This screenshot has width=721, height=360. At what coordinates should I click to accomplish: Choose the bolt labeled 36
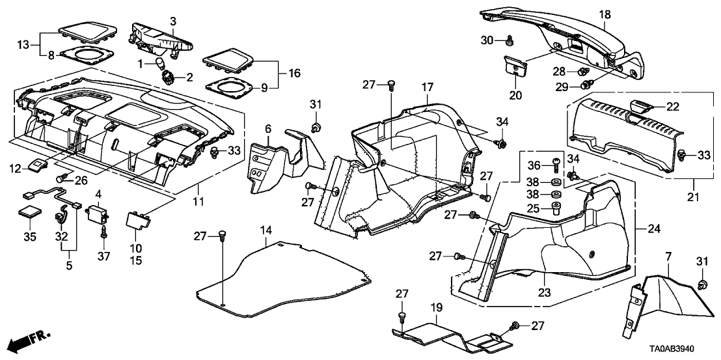point(554,163)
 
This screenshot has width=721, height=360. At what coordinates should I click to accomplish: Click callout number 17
point(426,86)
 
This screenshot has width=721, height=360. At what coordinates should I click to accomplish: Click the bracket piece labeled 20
point(516,66)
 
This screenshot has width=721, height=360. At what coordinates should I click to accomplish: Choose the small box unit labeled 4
point(99,212)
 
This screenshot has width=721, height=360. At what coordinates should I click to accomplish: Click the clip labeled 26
point(64,177)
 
